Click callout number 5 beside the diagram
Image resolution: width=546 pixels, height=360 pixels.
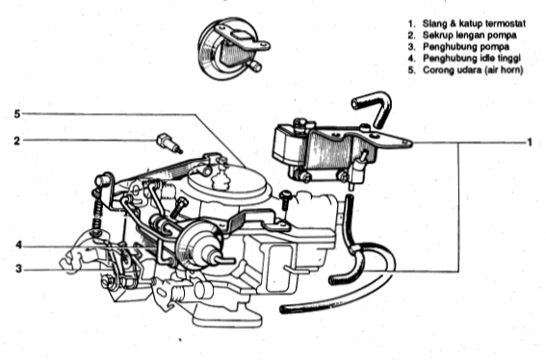click(x=17, y=114)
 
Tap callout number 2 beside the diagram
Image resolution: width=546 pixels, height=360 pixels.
click(x=17, y=141)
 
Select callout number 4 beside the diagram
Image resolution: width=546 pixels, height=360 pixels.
click(x=19, y=245)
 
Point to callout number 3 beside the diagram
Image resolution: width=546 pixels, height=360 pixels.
click(x=18, y=269)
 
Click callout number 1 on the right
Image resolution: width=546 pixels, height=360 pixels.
click(x=530, y=142)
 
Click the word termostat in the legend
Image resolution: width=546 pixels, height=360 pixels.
click(x=505, y=24)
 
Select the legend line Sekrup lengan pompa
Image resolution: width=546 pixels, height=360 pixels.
click(x=469, y=36)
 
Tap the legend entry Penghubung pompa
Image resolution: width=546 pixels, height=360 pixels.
click(x=466, y=46)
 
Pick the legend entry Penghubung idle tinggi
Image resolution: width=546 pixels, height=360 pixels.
click(x=472, y=58)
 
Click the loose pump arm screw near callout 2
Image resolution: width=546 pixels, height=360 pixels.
click(x=169, y=143)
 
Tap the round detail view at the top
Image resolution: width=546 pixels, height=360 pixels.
click(x=233, y=49)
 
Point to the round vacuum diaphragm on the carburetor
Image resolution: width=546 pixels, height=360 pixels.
click(x=199, y=245)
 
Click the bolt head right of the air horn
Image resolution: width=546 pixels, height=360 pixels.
click(x=285, y=195)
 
